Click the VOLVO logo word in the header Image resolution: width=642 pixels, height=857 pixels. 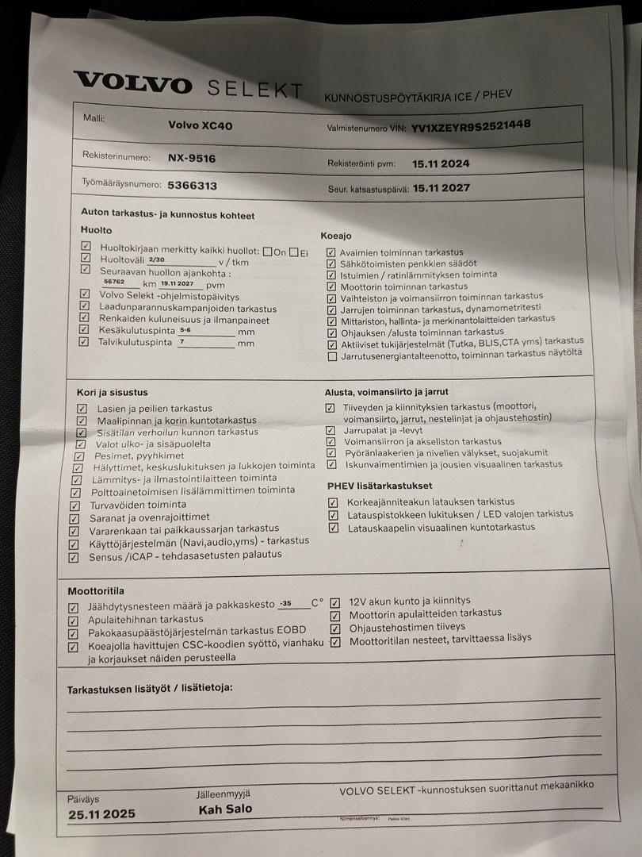[132, 83]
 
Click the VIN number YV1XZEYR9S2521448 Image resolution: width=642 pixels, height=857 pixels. [471, 125]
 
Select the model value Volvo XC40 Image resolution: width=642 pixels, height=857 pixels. [201, 125]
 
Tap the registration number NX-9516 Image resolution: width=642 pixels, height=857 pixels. [191, 158]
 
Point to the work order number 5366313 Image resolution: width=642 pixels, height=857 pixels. [192, 186]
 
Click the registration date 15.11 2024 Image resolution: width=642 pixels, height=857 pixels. [441, 163]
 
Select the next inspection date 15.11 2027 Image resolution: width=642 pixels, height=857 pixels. [441, 188]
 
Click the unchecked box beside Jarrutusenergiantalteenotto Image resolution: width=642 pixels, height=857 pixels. [332, 356]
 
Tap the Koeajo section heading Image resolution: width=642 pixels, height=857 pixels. [336, 236]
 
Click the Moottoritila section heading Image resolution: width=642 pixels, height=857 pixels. [96, 591]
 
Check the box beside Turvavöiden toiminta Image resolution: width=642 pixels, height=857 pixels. [75, 505]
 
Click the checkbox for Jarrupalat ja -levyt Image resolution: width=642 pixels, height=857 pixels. [331, 430]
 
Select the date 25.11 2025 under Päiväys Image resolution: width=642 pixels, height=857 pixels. [101, 814]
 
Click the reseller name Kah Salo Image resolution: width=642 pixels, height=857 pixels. [226, 809]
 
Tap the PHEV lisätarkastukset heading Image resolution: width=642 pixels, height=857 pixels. [380, 486]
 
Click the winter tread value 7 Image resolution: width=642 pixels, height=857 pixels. [182, 342]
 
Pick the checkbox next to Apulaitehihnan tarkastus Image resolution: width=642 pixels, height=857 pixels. [73, 621]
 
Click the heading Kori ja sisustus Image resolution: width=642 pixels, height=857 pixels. [112, 393]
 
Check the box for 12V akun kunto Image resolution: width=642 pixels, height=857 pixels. [335, 602]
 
